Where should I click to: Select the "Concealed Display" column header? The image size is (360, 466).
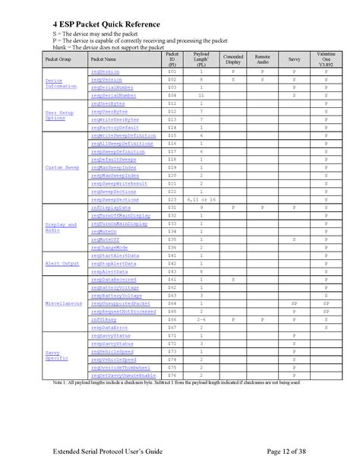[232, 59]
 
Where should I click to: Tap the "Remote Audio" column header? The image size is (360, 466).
[262, 59]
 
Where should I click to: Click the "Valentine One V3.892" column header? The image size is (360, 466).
[325, 59]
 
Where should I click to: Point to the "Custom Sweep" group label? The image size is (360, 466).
[63, 167]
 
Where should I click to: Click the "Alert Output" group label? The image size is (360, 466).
[63, 263]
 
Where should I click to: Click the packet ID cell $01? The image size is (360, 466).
[172, 71]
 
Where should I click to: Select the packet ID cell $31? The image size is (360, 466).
[172, 207]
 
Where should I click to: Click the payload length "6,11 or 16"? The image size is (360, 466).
[201, 199]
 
